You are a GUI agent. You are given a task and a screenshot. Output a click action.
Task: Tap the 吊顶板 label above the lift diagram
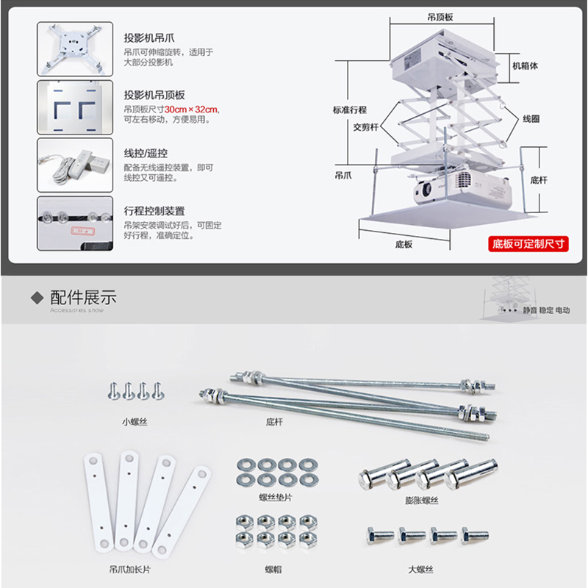point(441,15)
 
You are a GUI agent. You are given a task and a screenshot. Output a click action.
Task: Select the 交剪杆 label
point(365,126)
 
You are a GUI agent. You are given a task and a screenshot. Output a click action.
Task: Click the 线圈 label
point(531,118)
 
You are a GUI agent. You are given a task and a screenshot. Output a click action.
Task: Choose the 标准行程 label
point(348,110)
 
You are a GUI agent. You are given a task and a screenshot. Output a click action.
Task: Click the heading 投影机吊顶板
point(154,96)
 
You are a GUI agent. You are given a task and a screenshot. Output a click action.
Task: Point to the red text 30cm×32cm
point(192,109)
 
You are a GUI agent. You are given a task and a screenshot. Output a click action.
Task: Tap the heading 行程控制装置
point(154,211)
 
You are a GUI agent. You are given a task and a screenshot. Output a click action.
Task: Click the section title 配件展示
point(82,298)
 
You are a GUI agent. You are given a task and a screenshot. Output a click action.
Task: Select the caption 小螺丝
point(135,423)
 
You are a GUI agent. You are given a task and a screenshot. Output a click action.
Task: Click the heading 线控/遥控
point(146,153)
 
